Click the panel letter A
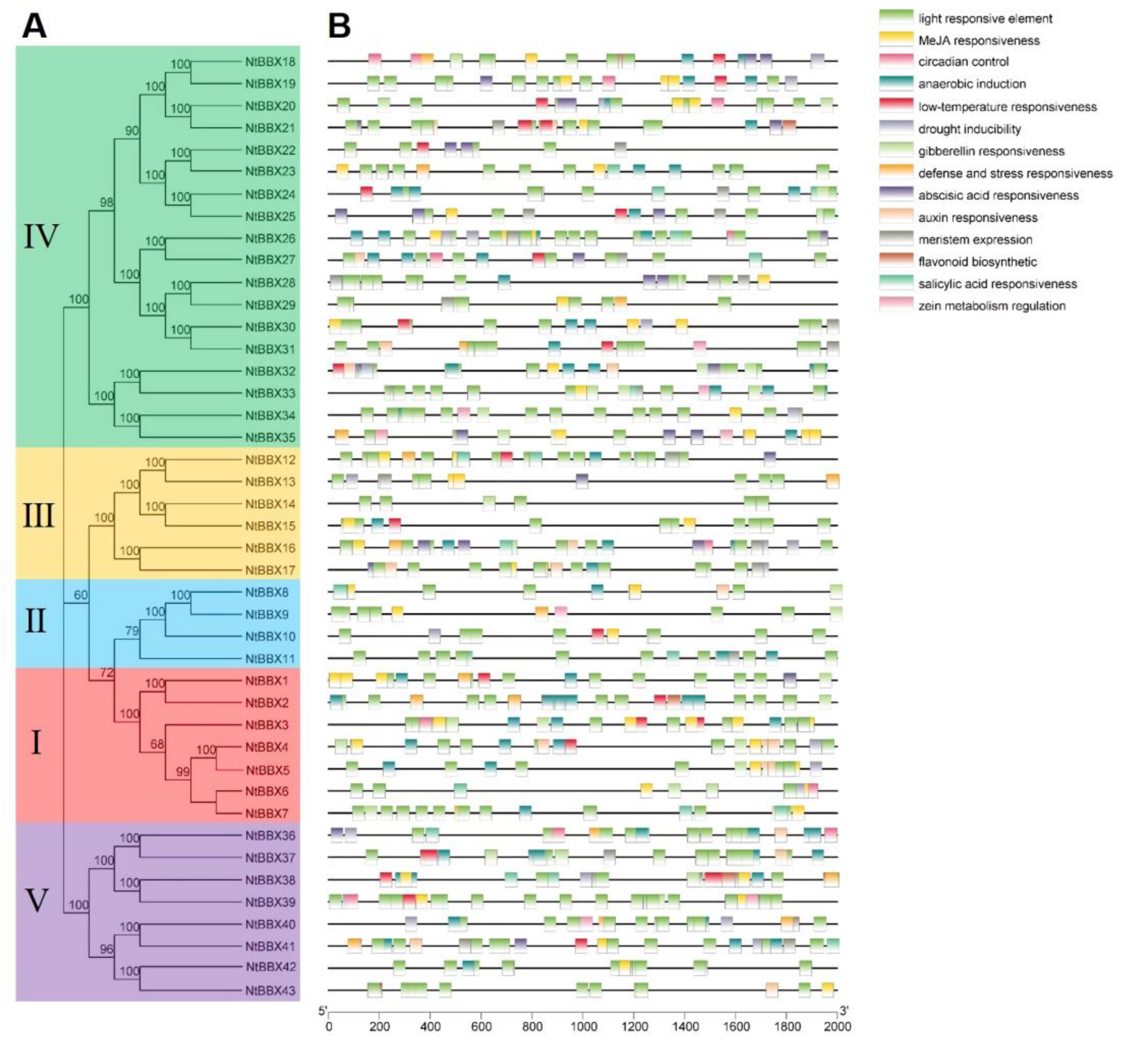[34, 27]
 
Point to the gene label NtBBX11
[270, 659]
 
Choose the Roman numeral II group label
[36, 621]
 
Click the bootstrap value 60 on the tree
[81, 595]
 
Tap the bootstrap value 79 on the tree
[131, 631]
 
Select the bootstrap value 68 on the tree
[156, 744]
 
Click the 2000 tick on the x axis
[837, 1026]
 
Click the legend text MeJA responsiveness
[978, 41]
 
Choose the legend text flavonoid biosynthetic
[977, 262]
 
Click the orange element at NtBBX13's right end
[832, 481]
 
